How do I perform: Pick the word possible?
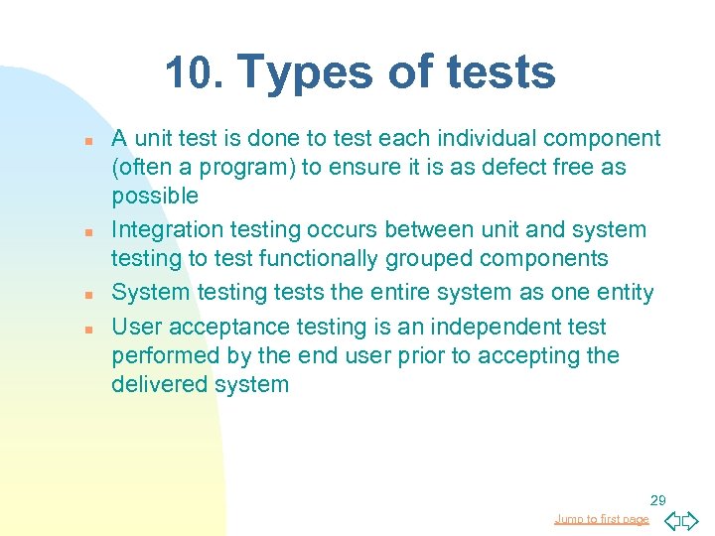click(x=155, y=196)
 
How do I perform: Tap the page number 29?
click(x=657, y=499)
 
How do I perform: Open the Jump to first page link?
click(x=602, y=519)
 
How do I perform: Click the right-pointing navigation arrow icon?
click(x=690, y=520)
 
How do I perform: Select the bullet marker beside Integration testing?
click(x=88, y=231)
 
